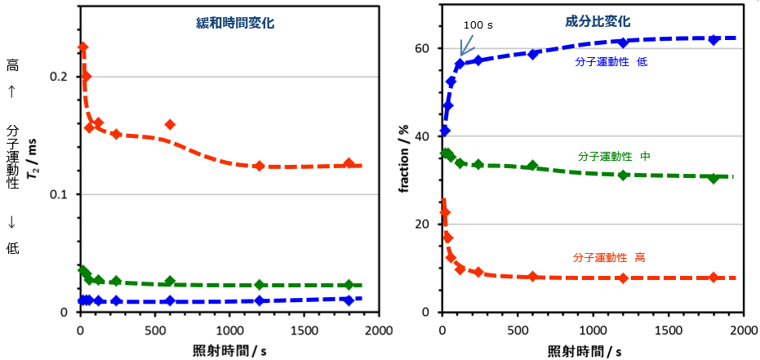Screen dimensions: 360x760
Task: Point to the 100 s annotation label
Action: point(478,25)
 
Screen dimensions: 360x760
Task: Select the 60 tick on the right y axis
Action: point(422,48)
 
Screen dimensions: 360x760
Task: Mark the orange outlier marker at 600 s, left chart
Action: point(170,124)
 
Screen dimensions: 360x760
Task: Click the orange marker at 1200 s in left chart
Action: point(260,166)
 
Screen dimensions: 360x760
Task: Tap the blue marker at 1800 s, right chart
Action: point(713,39)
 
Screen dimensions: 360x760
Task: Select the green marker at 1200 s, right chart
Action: point(623,176)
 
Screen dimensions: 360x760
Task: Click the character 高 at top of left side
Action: point(12,65)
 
